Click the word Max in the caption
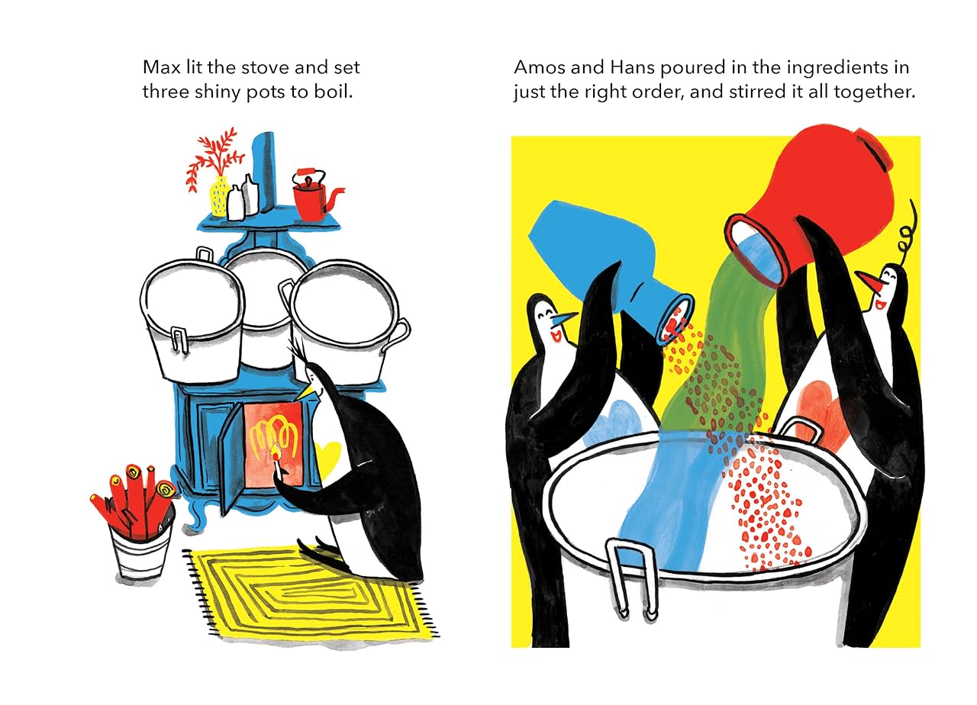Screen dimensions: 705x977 point(159,67)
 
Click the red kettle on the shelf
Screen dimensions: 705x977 point(311,196)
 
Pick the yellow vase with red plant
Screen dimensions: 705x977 point(218,196)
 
